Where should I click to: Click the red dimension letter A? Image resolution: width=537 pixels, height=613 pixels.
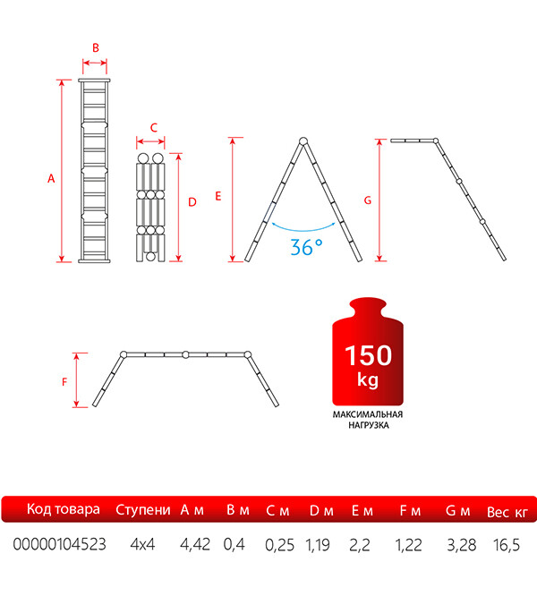tap(51, 179)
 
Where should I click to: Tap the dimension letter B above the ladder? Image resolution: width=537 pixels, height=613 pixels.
tap(96, 47)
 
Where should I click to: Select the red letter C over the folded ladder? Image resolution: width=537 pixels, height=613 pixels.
tap(154, 127)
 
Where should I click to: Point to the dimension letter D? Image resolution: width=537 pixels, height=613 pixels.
tap(192, 202)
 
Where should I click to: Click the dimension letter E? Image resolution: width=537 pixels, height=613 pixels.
tap(218, 196)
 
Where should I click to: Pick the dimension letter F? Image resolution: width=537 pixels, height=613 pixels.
tap(64, 382)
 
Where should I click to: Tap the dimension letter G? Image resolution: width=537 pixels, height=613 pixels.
tap(368, 200)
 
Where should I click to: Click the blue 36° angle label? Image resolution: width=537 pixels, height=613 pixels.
tap(307, 248)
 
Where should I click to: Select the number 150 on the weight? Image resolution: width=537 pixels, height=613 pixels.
tap(368, 355)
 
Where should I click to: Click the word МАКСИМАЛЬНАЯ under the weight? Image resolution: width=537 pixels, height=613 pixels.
tap(368, 414)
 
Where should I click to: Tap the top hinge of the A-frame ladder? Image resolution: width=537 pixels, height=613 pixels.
tap(303, 141)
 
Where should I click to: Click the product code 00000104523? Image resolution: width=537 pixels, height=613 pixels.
tap(59, 544)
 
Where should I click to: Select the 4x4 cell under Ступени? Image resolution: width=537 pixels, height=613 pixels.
tap(143, 544)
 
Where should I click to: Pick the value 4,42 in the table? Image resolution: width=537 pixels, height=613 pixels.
tap(195, 544)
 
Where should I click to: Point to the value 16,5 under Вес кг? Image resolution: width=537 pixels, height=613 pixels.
tap(507, 545)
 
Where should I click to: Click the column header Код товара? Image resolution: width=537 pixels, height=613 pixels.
tap(64, 509)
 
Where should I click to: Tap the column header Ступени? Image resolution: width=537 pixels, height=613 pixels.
tap(143, 510)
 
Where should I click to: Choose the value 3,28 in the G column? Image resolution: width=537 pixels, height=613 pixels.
tap(462, 545)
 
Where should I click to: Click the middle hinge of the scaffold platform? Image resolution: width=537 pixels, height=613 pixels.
tap(185, 355)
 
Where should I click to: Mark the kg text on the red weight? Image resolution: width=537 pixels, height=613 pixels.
tap(368, 379)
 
